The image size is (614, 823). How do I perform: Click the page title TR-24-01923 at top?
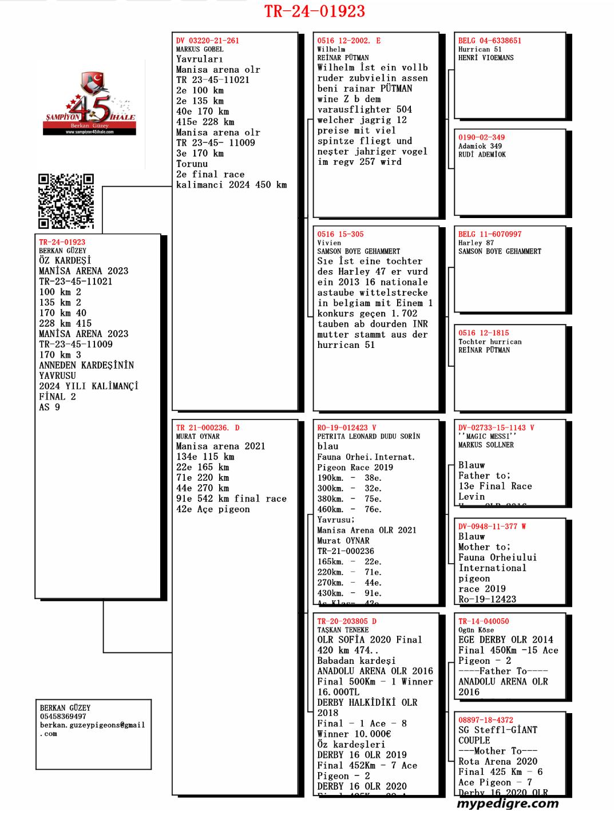click(314, 11)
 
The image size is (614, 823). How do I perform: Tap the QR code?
click(66, 201)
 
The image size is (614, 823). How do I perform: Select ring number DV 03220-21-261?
click(208, 41)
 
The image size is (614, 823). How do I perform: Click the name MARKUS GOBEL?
click(200, 49)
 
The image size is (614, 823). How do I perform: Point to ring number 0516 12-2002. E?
click(349, 41)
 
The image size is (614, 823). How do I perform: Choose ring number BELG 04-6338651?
click(490, 41)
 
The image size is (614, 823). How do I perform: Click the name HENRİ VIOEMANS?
click(486, 58)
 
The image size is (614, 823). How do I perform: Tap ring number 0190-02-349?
click(481, 137)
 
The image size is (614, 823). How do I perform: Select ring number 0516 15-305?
click(340, 234)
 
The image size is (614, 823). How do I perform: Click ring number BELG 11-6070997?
click(490, 234)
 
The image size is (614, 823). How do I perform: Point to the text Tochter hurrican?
click(490, 342)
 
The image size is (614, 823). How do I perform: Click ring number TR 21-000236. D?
click(208, 428)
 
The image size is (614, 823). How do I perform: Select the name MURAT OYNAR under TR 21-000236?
click(198, 436)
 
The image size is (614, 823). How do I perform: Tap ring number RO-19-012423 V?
click(347, 428)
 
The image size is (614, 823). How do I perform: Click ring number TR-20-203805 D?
click(347, 621)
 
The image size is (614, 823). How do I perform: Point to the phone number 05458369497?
click(63, 717)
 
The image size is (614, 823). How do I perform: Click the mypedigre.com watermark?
click(508, 803)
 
